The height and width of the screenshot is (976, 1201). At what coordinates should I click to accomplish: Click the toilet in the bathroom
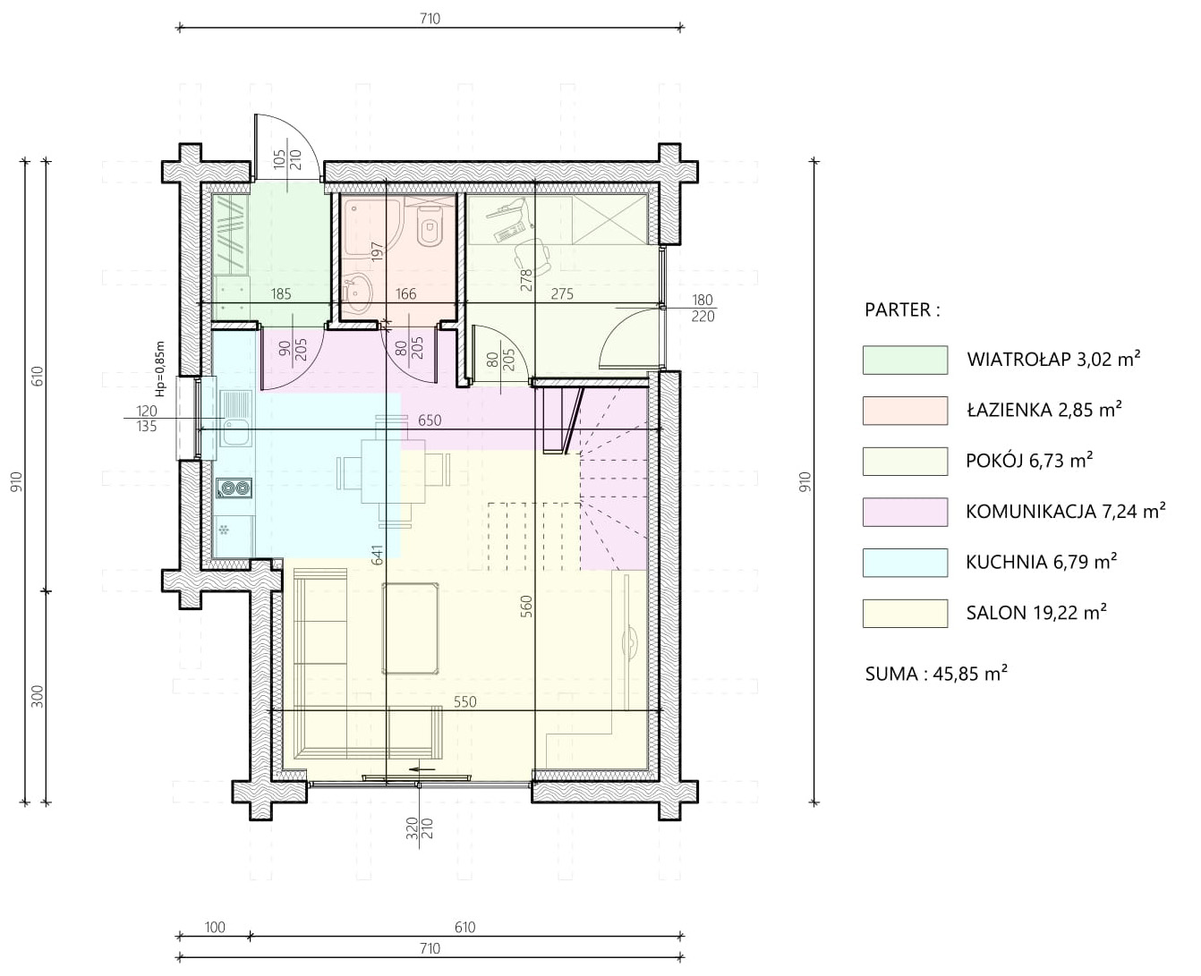coord(430,225)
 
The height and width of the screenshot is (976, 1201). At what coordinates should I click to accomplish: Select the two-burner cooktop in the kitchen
coord(234,488)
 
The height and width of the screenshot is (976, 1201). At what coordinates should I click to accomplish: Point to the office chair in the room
coord(532,253)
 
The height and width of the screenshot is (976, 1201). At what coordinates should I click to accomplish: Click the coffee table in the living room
coord(410,628)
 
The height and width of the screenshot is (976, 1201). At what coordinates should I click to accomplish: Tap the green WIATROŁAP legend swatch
coord(905,360)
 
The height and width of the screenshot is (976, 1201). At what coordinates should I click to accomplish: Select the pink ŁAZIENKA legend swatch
coord(905,411)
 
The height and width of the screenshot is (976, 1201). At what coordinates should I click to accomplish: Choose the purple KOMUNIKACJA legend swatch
coord(905,512)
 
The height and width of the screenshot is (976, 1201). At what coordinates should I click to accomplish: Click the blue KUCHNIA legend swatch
coord(905,563)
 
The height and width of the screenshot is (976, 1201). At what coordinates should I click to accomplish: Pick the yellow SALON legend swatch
coord(905,613)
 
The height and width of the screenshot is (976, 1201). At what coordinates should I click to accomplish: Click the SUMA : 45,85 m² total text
coord(937,674)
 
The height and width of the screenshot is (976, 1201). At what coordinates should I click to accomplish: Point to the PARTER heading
coord(903,310)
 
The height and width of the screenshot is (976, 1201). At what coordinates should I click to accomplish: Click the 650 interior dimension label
coord(430,420)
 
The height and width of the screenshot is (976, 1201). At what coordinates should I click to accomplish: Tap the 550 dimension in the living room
coord(465,701)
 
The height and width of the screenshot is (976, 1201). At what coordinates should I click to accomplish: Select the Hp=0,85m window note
coord(160,369)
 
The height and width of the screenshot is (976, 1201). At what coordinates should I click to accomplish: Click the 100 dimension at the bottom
coord(215,927)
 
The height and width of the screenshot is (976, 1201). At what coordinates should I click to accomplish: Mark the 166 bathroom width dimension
coord(406,293)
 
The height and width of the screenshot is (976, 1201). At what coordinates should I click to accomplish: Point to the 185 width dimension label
coord(281,293)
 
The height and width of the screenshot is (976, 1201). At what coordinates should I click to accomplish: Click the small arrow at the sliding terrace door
coord(423,768)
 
